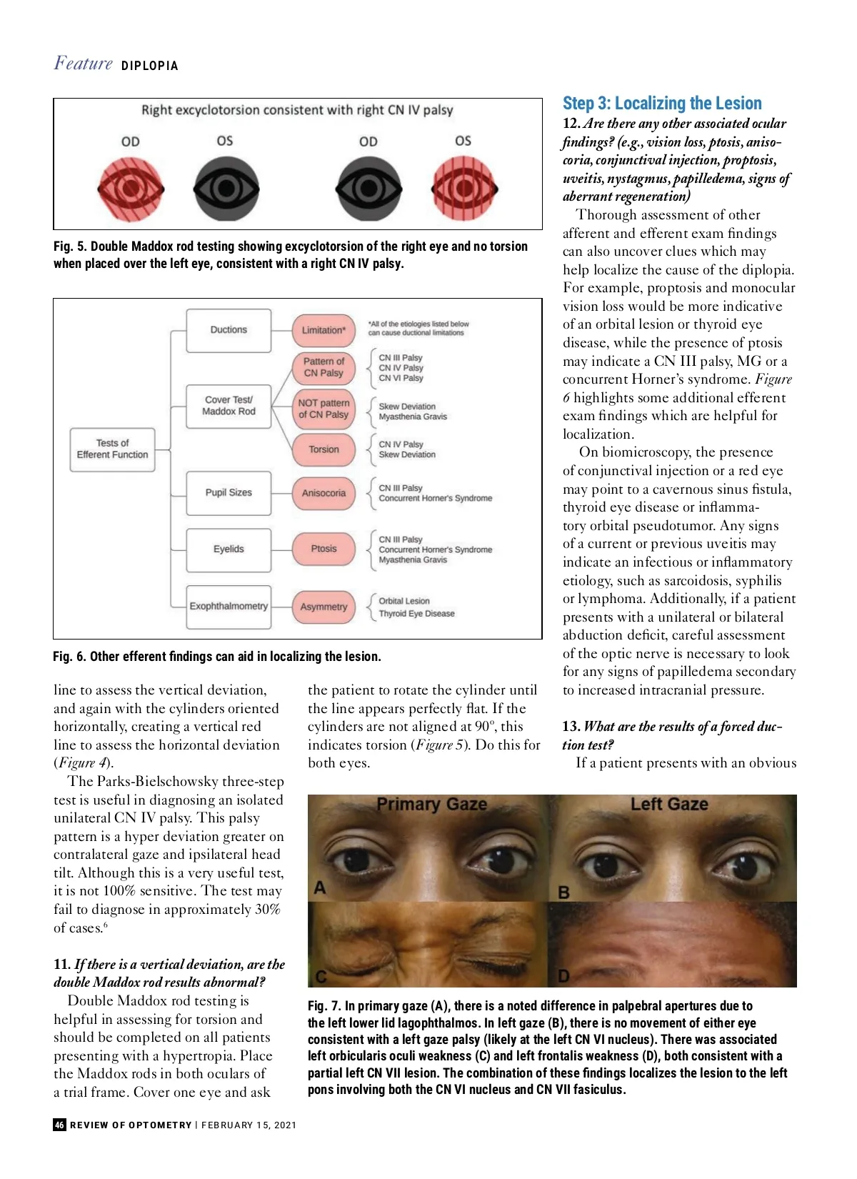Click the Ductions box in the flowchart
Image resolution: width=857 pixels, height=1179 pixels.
[229, 330]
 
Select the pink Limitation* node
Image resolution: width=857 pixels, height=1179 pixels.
[324, 330]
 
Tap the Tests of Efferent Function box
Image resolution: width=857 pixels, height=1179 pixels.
[112, 449]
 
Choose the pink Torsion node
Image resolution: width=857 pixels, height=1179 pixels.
[324, 449]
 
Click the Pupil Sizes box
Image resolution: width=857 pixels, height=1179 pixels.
[229, 492]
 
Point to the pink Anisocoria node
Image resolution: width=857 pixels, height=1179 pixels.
[324, 493]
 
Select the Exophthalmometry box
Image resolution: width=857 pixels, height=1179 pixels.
[229, 606]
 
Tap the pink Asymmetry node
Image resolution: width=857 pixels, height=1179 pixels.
[324, 607]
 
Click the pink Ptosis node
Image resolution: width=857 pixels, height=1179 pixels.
[324, 549]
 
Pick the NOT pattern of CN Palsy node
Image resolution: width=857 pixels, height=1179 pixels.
[324, 409]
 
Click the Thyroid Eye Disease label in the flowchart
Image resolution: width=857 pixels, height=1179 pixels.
[416, 614]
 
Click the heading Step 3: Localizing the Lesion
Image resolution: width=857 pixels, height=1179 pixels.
[662, 104]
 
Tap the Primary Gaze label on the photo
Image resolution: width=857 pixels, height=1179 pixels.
[431, 805]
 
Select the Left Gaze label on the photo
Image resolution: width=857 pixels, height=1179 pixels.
[669, 805]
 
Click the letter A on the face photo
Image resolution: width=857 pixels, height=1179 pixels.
[320, 888]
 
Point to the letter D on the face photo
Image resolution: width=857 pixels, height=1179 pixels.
[563, 976]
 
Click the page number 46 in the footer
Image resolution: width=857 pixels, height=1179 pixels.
[59, 1125]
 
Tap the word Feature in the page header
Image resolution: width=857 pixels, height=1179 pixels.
[84, 64]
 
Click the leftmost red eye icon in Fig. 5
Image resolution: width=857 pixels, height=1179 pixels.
[131, 189]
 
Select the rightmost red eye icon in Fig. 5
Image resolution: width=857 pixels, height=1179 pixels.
[463, 189]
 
